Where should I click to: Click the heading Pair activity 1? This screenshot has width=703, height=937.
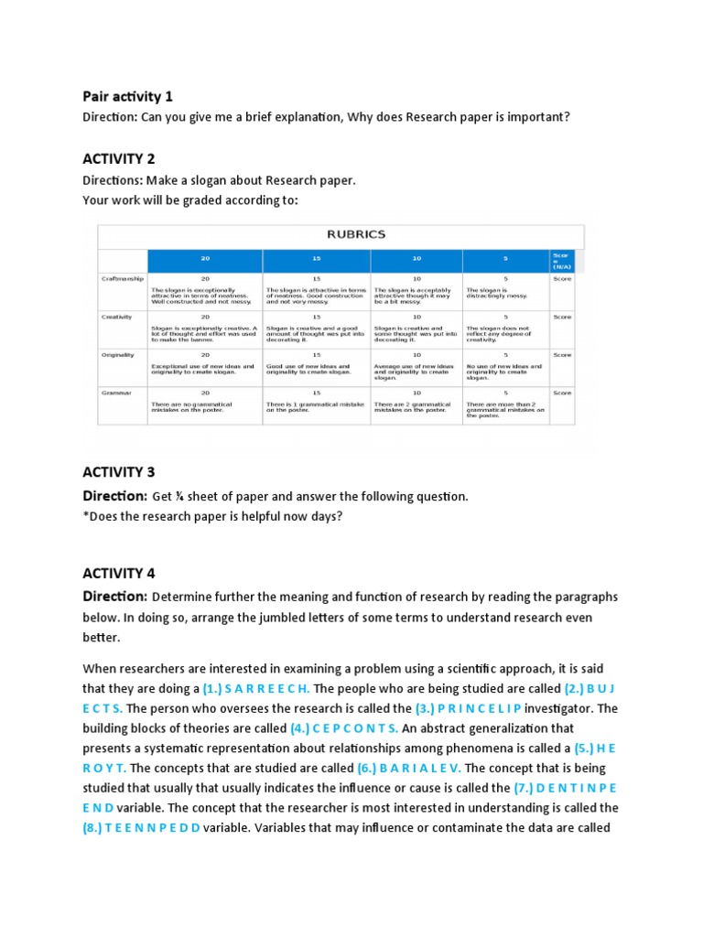tap(127, 96)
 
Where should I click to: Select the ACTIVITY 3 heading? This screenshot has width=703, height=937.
tap(119, 472)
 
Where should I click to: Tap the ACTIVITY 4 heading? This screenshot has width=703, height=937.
tap(119, 574)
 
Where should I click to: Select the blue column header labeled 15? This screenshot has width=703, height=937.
tap(316, 259)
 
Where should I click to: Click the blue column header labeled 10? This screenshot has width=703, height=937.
tap(416, 259)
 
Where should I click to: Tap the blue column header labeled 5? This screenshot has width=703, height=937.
tap(504, 259)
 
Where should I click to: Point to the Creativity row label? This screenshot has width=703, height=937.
tap(117, 317)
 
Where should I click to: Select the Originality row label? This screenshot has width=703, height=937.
tap(118, 354)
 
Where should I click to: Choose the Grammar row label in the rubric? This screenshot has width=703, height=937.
tap(115, 393)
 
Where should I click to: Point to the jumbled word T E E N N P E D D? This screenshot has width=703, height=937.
tap(156, 828)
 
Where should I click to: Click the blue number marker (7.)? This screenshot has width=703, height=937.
tap(523, 788)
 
